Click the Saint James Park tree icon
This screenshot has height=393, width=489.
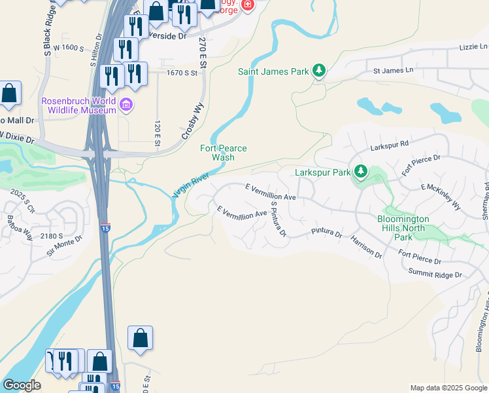tap(318, 71)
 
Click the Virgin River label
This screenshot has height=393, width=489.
tap(190, 185)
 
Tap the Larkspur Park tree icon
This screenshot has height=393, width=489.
tap(360, 172)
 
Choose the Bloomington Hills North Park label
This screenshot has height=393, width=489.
tap(411, 223)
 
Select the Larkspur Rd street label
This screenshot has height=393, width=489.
tap(389, 143)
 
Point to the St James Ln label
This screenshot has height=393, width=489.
tap(394, 70)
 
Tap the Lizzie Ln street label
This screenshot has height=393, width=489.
tap(473, 47)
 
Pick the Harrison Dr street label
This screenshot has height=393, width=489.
tap(365, 247)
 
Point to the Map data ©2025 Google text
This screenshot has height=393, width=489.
tap(448, 388)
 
